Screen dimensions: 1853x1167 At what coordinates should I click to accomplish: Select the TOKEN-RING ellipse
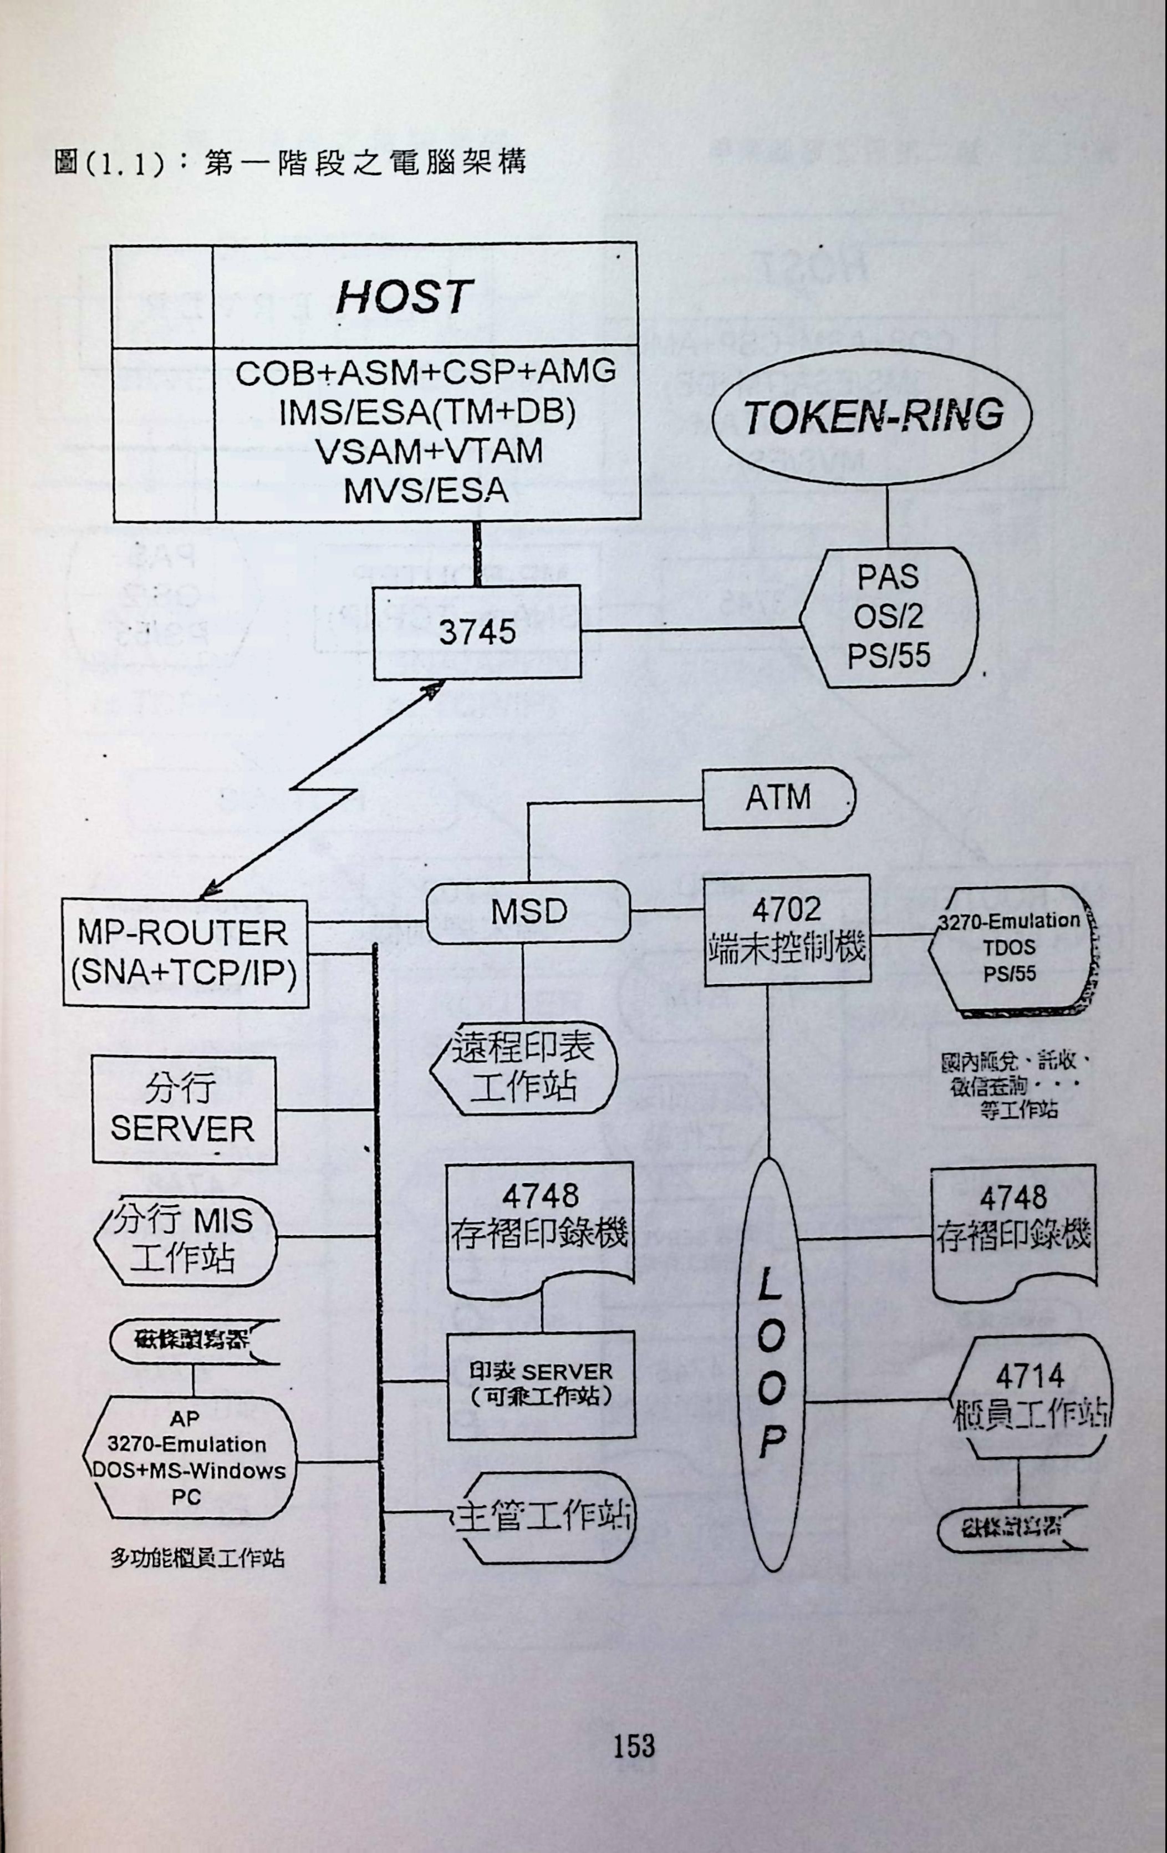coord(873,416)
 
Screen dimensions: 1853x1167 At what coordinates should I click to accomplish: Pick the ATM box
coord(778,797)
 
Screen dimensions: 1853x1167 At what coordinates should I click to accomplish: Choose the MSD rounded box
coord(528,913)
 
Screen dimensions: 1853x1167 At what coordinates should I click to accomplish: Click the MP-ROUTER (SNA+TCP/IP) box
coord(185,954)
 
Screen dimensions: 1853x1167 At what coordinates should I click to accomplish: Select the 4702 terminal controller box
coord(788,930)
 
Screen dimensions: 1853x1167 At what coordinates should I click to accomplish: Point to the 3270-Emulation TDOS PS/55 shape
coord(1010,948)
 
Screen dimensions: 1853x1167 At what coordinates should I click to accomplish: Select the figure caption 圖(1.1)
coord(108,164)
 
